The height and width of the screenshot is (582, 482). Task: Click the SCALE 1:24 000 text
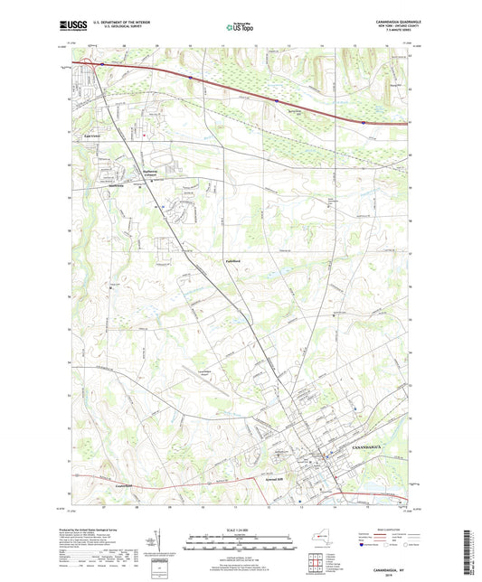point(241,529)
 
